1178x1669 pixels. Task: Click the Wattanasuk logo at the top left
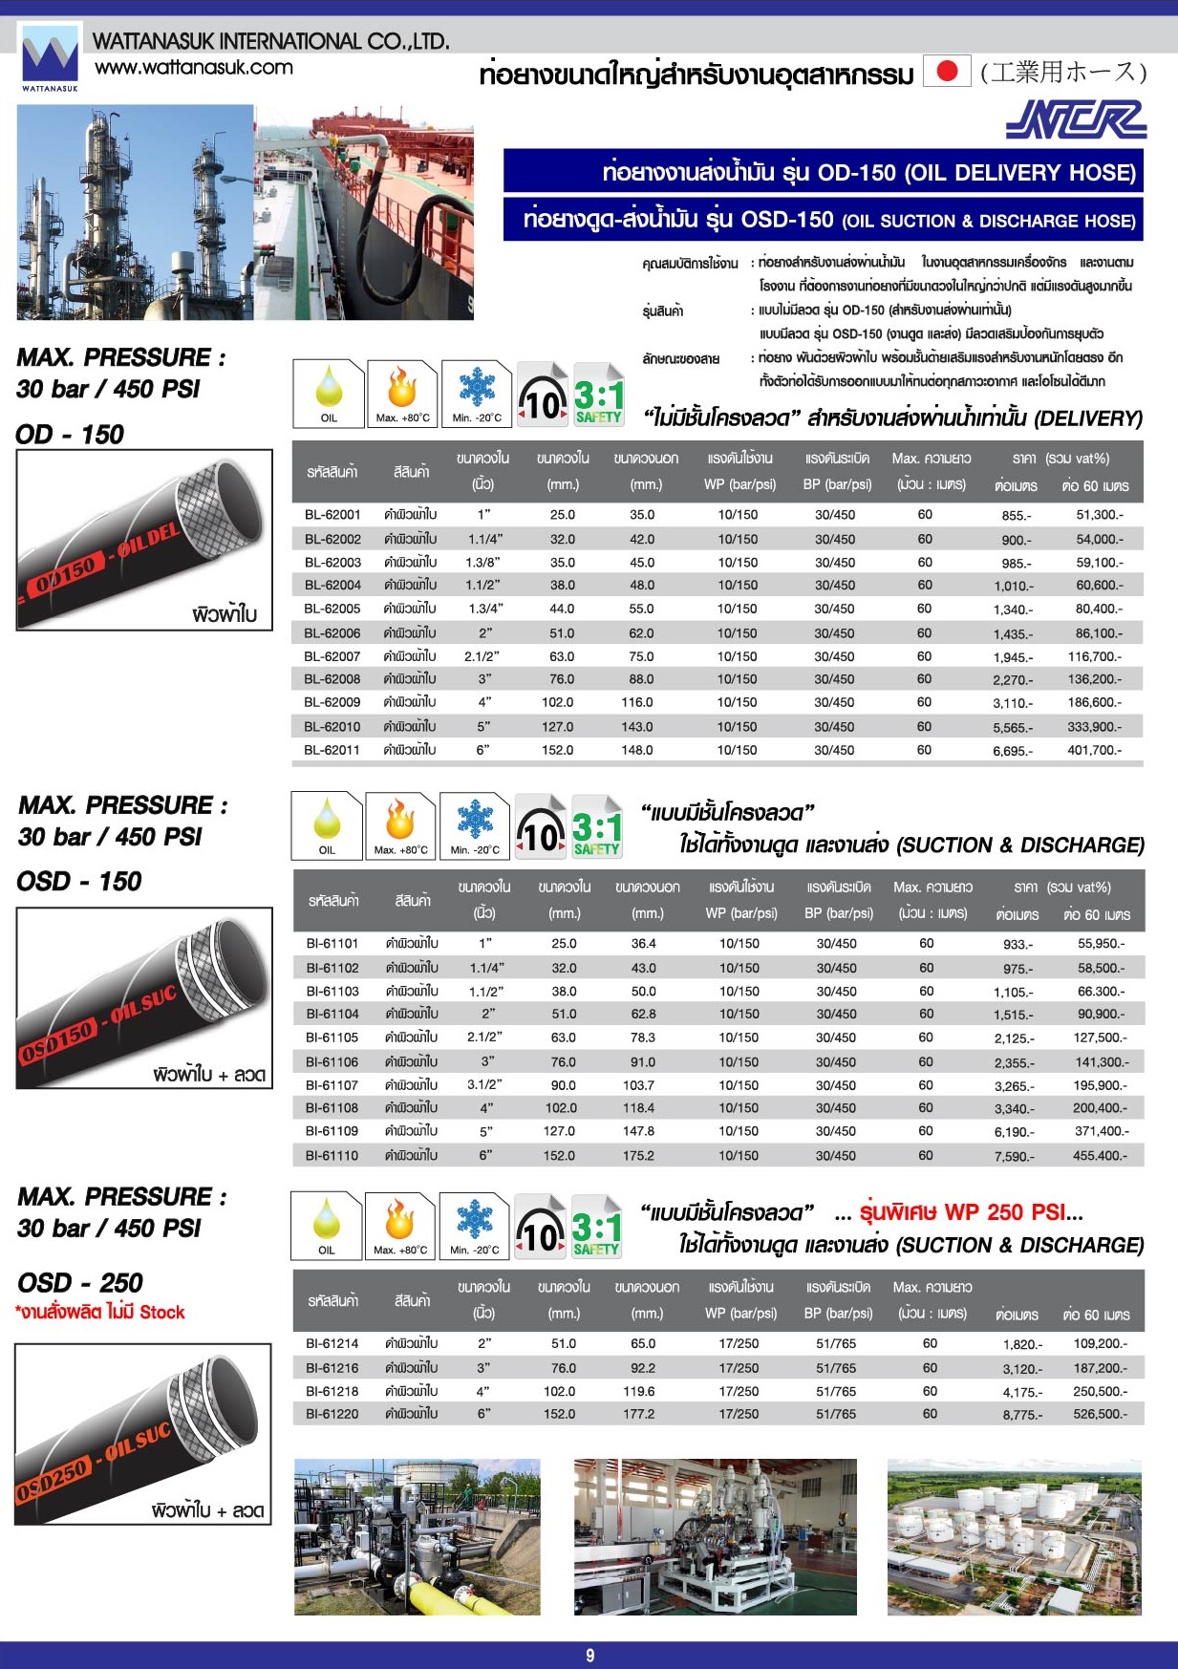pos(50,57)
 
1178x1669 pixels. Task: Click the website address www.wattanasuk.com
pos(194,68)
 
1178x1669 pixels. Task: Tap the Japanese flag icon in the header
pos(947,72)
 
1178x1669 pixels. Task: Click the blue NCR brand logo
pos(1076,120)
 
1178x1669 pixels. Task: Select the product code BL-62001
pos(332,515)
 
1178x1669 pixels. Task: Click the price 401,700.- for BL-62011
pos(1095,751)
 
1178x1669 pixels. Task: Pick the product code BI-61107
pos(332,1085)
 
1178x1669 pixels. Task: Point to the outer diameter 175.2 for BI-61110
pos(638,1156)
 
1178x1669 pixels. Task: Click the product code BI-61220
pos(332,1414)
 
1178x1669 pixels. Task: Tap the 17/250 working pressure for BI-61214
pos(739,1343)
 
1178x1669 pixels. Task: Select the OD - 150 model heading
pos(70,435)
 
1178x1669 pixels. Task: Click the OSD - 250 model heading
pos(80,1283)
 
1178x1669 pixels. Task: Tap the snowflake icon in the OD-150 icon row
pos(477,391)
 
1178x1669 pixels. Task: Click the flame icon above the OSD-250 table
pos(399,1223)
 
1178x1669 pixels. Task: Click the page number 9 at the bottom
pos(589,1656)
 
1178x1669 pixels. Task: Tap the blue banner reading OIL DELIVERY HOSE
pos(823,173)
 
